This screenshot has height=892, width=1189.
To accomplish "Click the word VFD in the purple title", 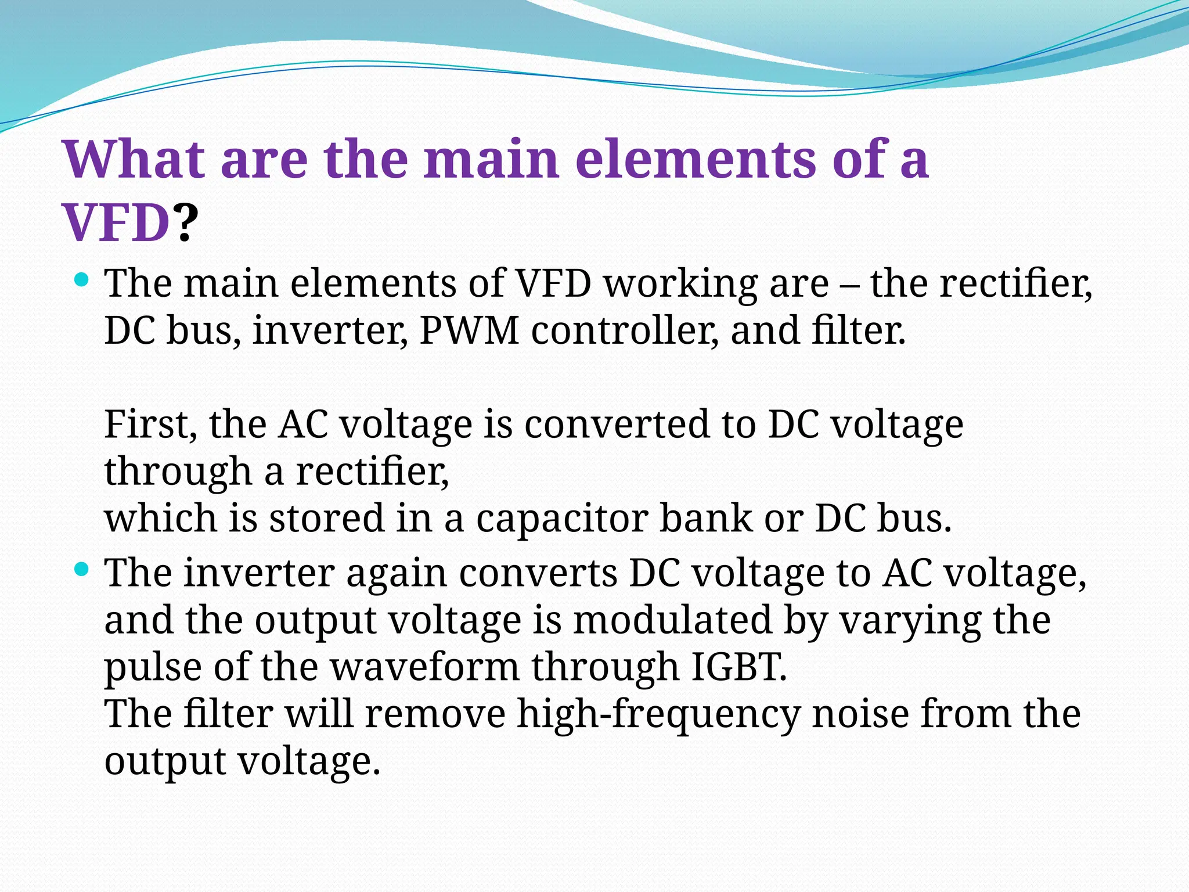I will point(116,224).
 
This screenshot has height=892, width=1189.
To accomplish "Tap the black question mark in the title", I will point(185,224).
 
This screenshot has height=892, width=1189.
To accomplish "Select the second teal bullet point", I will point(82,570).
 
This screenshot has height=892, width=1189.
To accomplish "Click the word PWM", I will point(469,330).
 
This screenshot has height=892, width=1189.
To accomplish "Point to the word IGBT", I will point(740,667).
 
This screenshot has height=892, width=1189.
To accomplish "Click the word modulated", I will point(673,620).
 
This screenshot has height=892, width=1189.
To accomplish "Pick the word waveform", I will point(425,667).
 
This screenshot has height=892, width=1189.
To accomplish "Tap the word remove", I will point(435,714).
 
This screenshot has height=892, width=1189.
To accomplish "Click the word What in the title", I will point(134,160).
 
